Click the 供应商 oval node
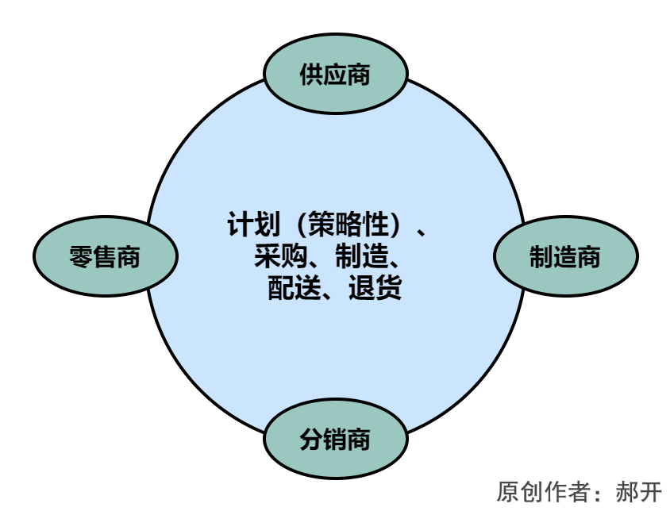pyautogui.click(x=335, y=75)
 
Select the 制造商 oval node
pyautogui.click(x=565, y=257)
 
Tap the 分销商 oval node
pyautogui.click(x=335, y=439)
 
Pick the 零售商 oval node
pyautogui.click(x=105, y=257)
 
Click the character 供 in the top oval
pyautogui.click(x=312, y=75)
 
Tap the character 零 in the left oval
pyautogui.click(x=82, y=257)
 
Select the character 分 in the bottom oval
pyautogui.click(x=312, y=439)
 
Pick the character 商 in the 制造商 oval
pyautogui.click(x=589, y=257)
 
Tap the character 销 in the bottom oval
pyautogui.click(x=335, y=439)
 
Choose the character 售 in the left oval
pyautogui.click(x=105, y=257)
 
